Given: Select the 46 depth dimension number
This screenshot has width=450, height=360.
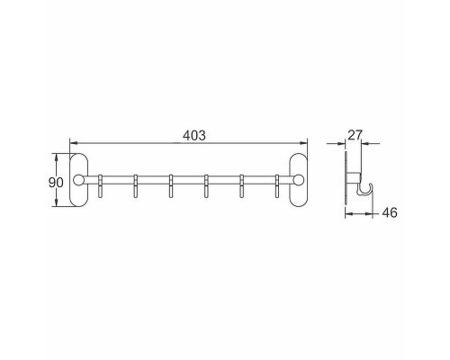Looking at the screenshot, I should (390, 213).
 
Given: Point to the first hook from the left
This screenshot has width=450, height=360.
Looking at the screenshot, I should (101, 185).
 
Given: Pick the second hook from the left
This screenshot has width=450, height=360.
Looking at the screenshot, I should (136, 185).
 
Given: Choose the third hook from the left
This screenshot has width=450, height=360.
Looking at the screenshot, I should (171, 185).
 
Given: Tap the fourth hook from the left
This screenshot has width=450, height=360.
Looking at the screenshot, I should (206, 185).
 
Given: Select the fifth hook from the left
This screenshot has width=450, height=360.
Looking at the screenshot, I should (241, 185).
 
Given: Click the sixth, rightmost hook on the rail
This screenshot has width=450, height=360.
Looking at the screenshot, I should (276, 185).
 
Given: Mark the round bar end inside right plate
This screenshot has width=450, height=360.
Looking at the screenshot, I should (300, 181).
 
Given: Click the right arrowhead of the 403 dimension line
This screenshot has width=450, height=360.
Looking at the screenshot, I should (304, 142).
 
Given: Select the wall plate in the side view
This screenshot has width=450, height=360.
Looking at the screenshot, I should (347, 181).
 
